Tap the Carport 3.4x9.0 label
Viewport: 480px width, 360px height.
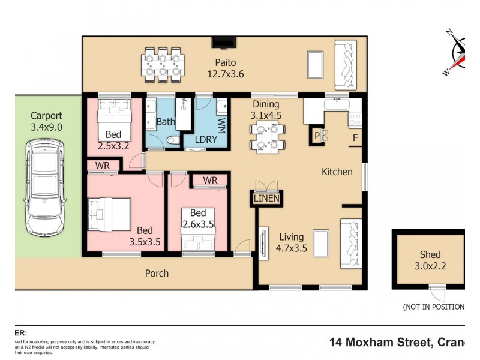click(x=46, y=121)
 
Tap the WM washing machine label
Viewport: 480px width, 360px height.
click(x=221, y=126)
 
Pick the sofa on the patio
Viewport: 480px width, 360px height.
click(x=345, y=62)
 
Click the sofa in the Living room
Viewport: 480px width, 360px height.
click(x=350, y=243)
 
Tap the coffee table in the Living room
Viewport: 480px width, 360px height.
click(x=321, y=243)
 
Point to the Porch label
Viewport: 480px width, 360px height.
click(x=157, y=273)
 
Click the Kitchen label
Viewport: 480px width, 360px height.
click(x=337, y=172)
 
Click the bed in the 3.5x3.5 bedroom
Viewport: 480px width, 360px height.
click(x=109, y=215)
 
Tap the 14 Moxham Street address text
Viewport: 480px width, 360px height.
click(x=397, y=342)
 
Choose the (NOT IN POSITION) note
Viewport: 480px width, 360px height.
click(x=433, y=307)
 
